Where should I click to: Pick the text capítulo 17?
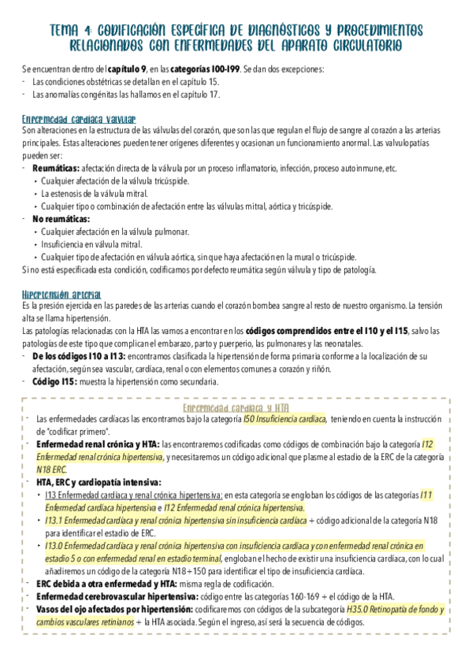[x=200, y=95]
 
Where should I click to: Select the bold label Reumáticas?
[x=56, y=169]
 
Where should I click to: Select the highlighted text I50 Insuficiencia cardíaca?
[x=284, y=420]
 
